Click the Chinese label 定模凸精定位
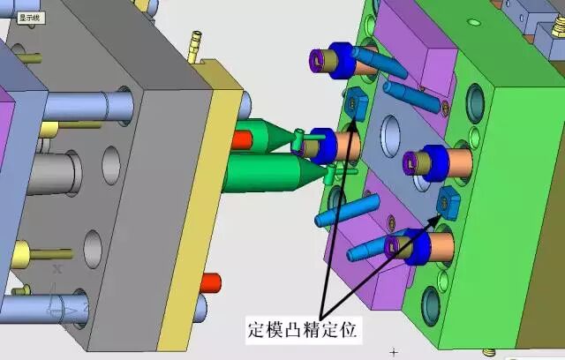pyautogui.click(x=303, y=330)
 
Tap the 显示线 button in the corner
pyautogui.click(x=31, y=18)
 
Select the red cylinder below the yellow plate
pyautogui.click(x=210, y=282)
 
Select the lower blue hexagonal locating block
pyautogui.click(x=448, y=203)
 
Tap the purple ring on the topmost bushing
pyautogui.click(x=317, y=60)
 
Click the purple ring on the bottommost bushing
pyautogui.click(x=392, y=245)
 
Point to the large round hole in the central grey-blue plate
pyautogui.click(x=390, y=136)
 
